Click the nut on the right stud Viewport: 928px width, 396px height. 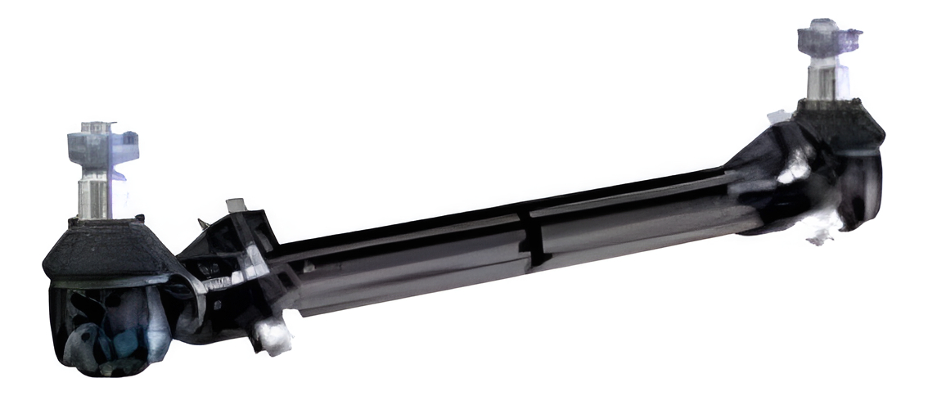tap(828, 38)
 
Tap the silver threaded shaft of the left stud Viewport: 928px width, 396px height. tap(95, 195)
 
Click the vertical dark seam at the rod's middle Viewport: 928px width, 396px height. tap(531, 237)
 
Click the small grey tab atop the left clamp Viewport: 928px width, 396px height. tap(235, 204)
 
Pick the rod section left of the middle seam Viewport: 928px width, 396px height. tap(409, 262)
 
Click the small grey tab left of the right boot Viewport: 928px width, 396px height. tap(778, 115)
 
